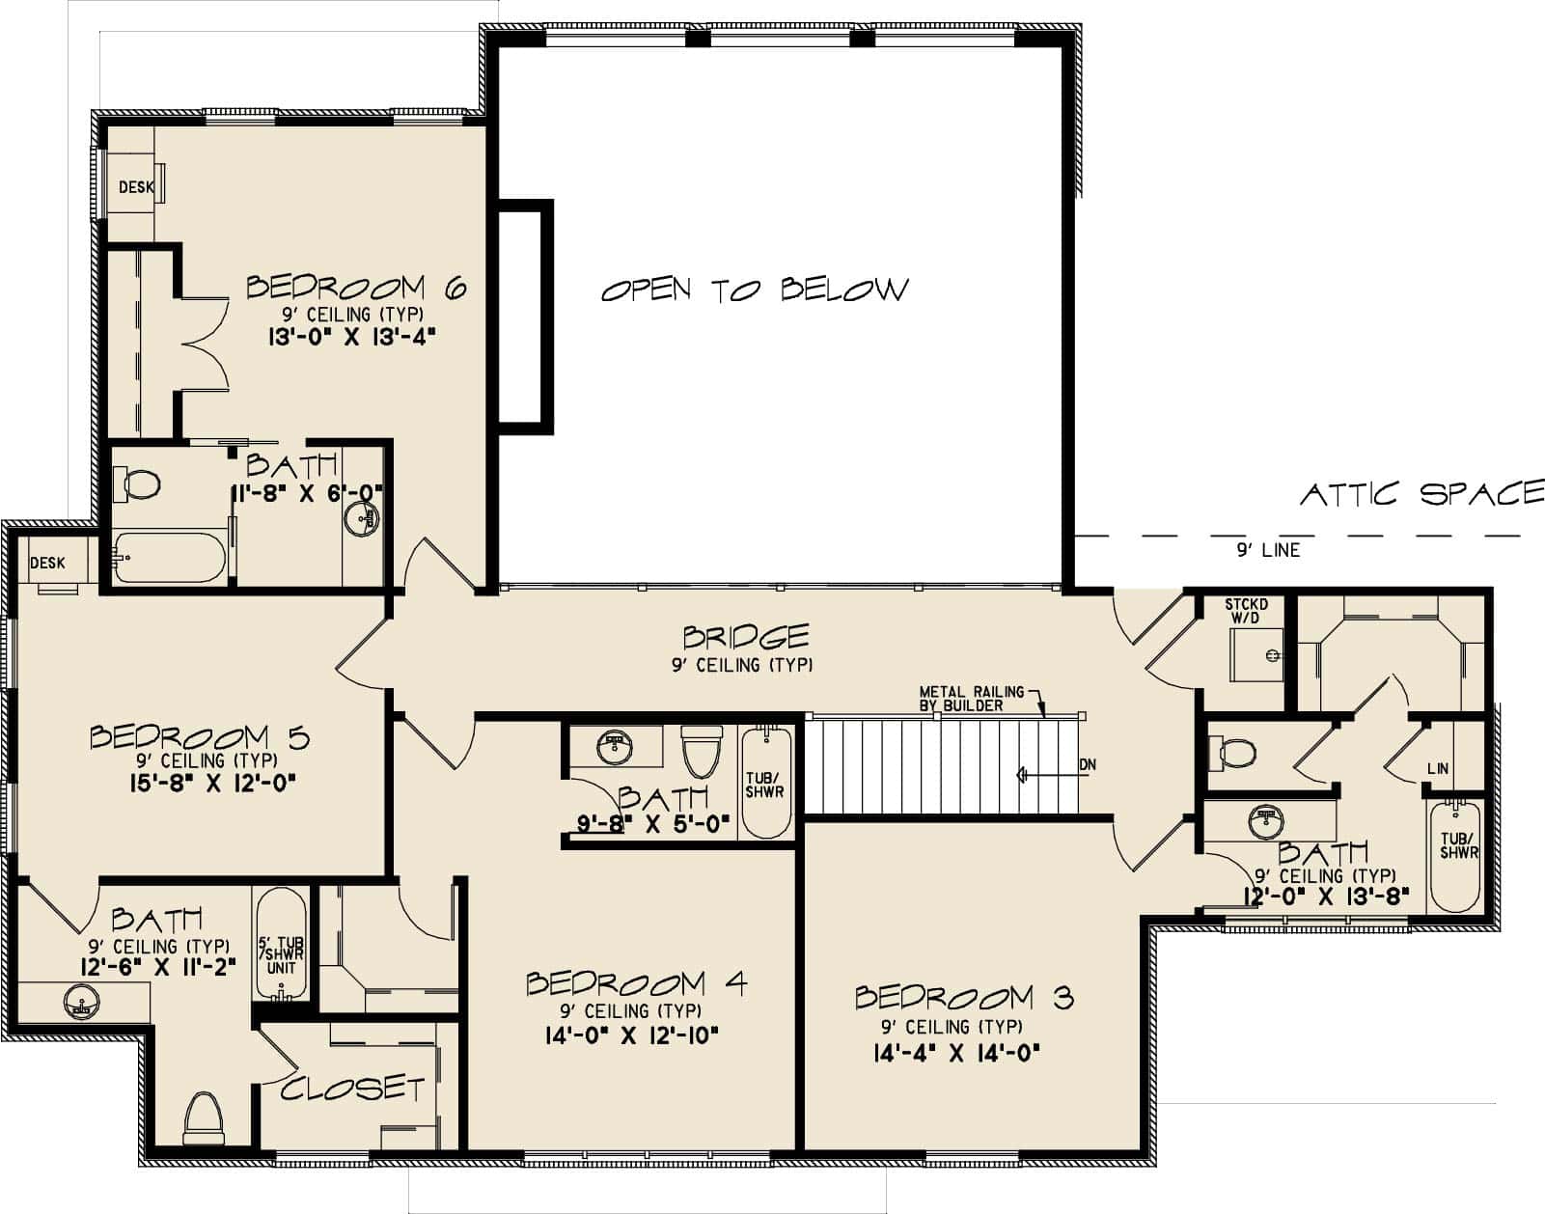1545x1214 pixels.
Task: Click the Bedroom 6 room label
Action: [x=356, y=288]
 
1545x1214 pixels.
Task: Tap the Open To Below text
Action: [x=755, y=290]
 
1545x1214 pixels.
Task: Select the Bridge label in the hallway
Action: [x=745, y=637]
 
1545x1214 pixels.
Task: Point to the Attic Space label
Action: [x=1422, y=494]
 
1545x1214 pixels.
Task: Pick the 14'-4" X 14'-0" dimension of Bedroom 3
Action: [x=957, y=1053]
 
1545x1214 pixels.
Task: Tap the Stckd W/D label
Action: [x=1247, y=611]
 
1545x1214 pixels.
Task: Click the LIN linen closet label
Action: [x=1438, y=768]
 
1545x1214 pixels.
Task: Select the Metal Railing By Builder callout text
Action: [x=972, y=698]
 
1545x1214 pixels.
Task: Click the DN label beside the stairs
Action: [x=1088, y=765]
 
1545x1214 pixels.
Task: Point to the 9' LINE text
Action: [x=1268, y=550]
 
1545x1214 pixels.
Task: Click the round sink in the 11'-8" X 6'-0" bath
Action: [x=362, y=519]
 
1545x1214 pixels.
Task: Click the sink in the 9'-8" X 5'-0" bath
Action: [x=615, y=748]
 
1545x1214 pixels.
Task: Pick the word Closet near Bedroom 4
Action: [x=352, y=1089]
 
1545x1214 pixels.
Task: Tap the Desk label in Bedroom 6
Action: [x=136, y=187]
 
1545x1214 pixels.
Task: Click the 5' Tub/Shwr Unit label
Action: [x=282, y=955]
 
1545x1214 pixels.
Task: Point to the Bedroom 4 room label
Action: [x=636, y=984]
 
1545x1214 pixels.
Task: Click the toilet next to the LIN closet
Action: [x=1237, y=753]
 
